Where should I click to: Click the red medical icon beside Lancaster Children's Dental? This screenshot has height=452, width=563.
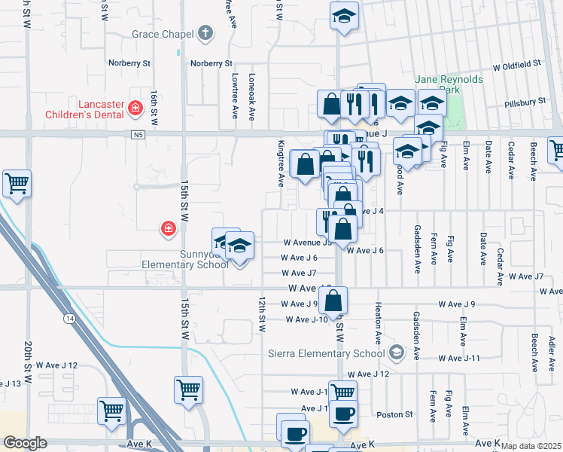coord(135,108)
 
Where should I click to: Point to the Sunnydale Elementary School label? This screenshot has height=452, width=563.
coord(185,260)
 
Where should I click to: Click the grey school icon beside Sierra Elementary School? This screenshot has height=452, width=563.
coord(397,353)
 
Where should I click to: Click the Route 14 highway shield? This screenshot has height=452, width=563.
coord(69,319)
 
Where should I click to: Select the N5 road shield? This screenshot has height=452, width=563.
coord(136,135)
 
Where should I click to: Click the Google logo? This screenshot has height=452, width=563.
coord(26,443)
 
